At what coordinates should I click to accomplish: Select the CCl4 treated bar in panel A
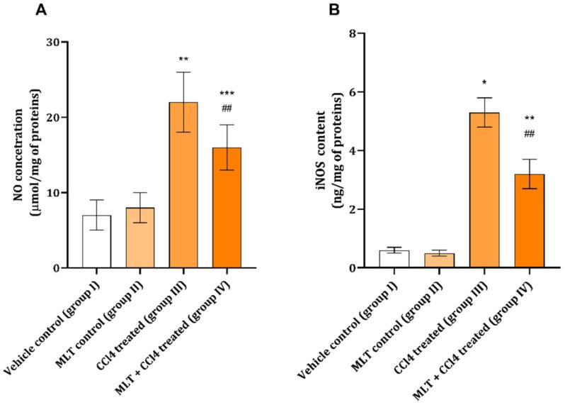click(183, 185)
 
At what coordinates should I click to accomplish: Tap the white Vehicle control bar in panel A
click(96, 242)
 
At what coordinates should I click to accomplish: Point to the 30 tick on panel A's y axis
click(63, 42)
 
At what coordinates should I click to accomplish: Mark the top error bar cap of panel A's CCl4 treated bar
click(183, 72)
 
